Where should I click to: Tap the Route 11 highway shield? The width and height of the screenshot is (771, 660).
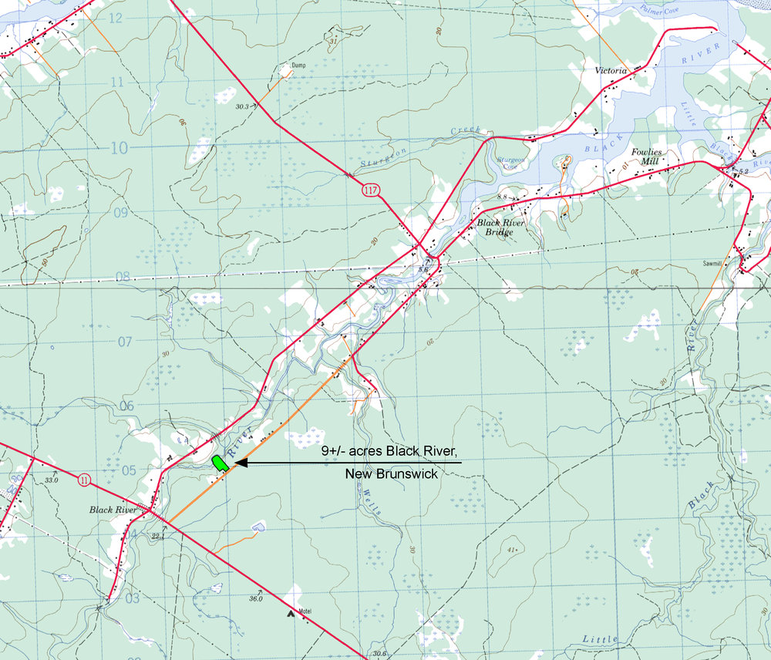pos(84,480)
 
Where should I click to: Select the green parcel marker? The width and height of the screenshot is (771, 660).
pos(219,463)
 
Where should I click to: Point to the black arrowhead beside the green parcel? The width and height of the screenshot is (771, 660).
pos(238,463)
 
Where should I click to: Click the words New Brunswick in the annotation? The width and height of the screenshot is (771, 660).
pos(391,474)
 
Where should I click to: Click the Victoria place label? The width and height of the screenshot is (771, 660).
pos(611,70)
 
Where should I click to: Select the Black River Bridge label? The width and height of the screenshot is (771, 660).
pos(500,227)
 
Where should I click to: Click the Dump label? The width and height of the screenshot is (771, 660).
pos(298,66)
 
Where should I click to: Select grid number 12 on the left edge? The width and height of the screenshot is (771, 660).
pos(116,17)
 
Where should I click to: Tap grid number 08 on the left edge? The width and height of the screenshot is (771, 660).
pos(122,277)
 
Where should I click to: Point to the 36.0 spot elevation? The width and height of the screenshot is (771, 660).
pos(255,598)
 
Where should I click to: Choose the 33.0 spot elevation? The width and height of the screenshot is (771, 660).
pos(51,480)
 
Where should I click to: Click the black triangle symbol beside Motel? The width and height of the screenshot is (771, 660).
pos(291,614)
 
